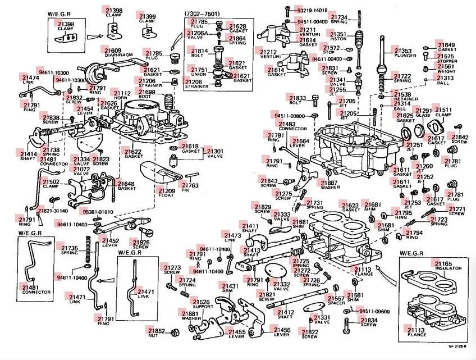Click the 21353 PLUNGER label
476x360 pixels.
[x=402, y=54]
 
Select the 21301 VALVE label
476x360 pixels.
[x=215, y=154]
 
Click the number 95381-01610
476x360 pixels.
[x=98, y=212]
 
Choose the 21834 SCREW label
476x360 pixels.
[x=369, y=322]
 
